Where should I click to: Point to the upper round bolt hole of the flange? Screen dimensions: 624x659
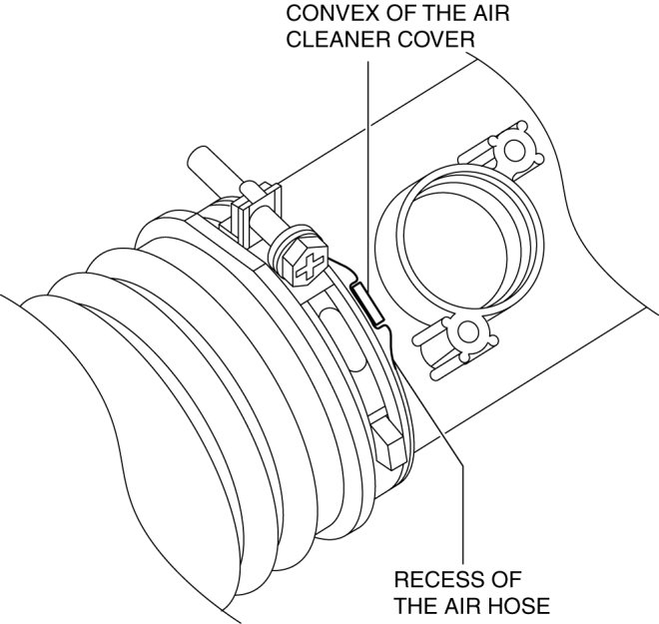pos(515,151)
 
